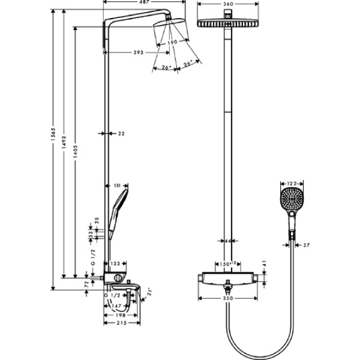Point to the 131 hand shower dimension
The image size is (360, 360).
pos(117,185)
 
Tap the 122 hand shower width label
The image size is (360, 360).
pos(292,184)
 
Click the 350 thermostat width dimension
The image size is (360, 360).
pos(227,298)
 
